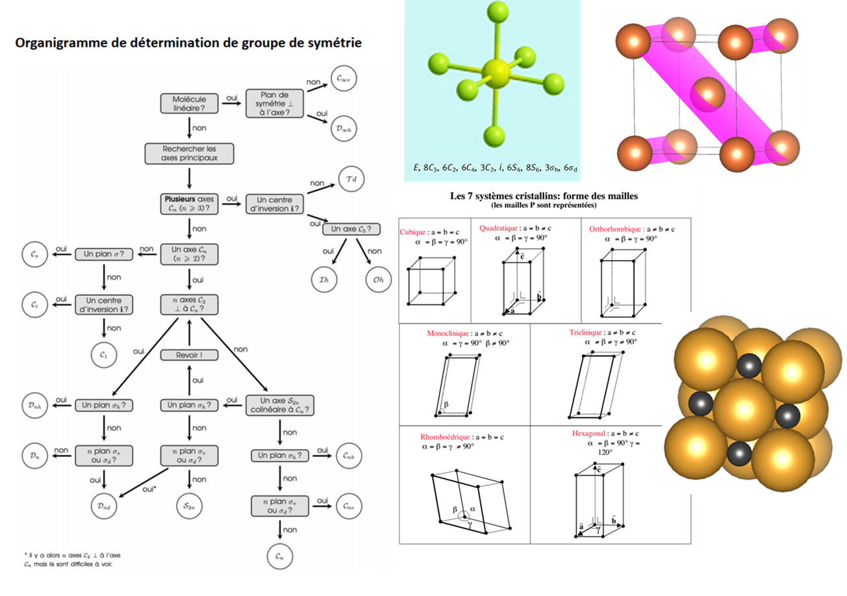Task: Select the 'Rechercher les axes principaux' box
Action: pos(188,153)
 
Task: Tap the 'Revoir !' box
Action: pos(188,355)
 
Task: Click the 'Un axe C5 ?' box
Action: pos(355,229)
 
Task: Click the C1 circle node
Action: pos(105,356)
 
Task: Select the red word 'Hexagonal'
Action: pos(589,433)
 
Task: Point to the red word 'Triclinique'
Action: pos(588,332)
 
